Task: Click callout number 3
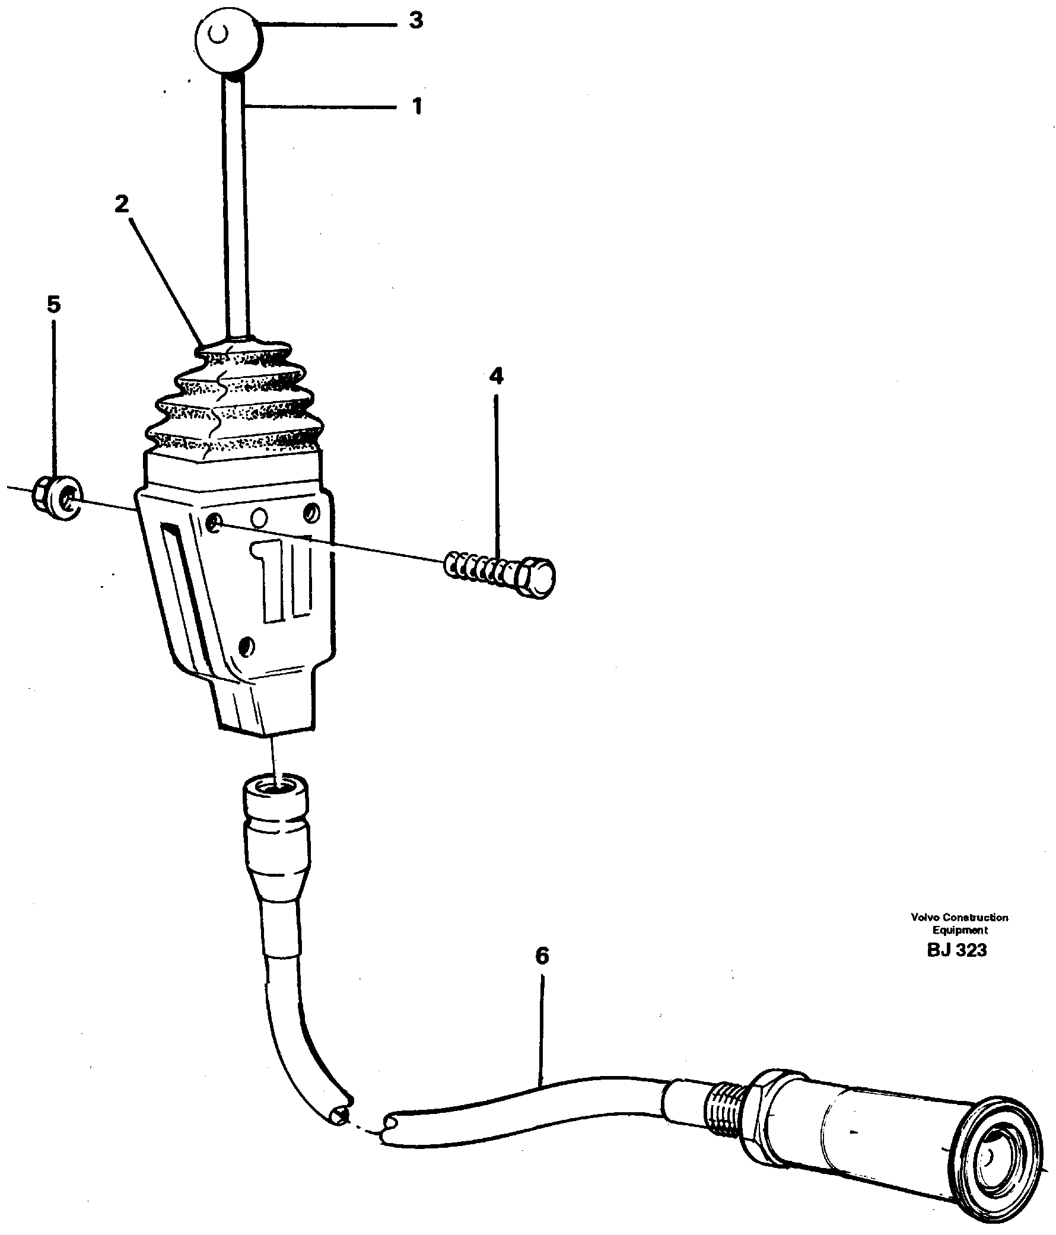[416, 20]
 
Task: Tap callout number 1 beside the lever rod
[417, 107]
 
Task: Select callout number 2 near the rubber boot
[122, 205]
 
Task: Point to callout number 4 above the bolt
[495, 375]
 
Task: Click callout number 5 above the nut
[53, 304]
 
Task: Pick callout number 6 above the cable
[542, 956]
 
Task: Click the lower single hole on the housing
[247, 645]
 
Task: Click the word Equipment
[960, 931]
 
